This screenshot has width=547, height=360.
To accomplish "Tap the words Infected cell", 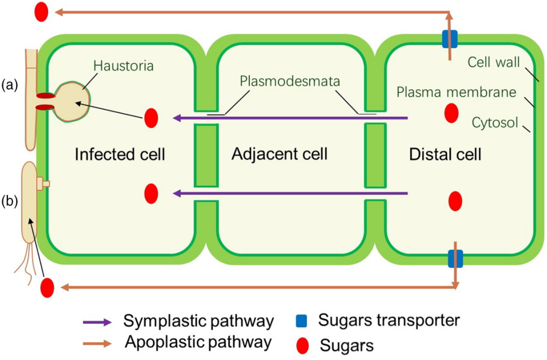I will (x=120, y=153).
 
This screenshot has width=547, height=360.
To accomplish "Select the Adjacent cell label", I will (x=280, y=153).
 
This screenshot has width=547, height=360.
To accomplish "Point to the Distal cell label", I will (x=445, y=153).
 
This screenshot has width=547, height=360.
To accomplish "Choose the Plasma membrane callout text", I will (x=456, y=92).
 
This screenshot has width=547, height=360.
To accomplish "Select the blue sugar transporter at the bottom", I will (x=455, y=258).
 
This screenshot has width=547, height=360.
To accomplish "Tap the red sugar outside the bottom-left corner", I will (x=47, y=288).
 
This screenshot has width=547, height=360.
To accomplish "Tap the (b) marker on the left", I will (x=10, y=201).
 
